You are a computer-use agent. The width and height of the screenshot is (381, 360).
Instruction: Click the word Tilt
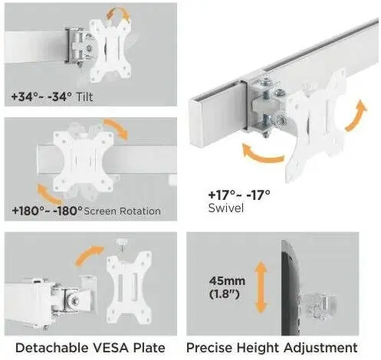coord(85,97)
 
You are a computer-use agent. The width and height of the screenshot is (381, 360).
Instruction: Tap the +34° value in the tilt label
coord(25,97)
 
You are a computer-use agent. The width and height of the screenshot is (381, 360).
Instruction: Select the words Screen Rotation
coord(122,211)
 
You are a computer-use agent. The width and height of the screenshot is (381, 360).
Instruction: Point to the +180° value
coord(29,211)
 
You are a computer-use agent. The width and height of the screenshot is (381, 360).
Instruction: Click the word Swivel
coord(226,208)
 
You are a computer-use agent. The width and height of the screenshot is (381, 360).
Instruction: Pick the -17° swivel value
coord(258,195)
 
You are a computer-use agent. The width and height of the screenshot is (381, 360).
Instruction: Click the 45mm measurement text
coord(227,281)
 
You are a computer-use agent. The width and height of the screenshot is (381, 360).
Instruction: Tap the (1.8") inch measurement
coord(225,294)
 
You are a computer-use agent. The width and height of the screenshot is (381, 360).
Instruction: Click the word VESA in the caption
coord(109,348)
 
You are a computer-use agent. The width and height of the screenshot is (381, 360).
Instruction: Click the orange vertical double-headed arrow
coord(261,286)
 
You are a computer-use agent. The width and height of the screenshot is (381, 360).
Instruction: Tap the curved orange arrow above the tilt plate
coord(118,11)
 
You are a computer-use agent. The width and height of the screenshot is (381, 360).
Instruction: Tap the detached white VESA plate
coord(129,287)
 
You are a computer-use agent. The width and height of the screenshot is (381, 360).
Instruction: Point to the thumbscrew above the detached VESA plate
coord(122,244)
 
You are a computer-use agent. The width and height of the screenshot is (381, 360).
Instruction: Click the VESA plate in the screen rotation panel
coord(83,160)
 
